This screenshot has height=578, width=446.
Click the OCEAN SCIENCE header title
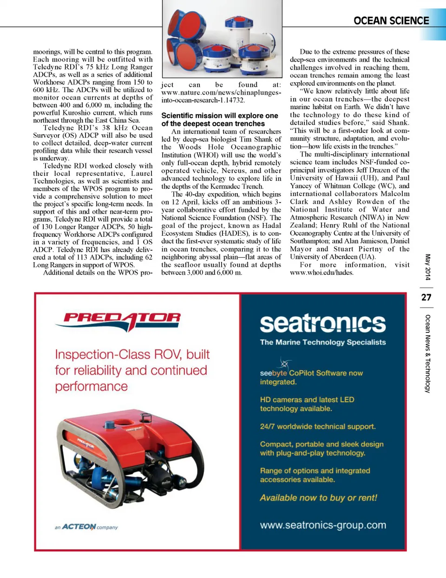(x=391, y=21)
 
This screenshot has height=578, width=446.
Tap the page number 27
(x=426, y=298)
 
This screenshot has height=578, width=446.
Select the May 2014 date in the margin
(x=427, y=267)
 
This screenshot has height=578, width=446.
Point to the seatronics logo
(x=322, y=324)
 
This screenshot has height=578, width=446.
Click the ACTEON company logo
(x=86, y=527)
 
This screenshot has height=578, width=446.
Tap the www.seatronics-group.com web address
(x=323, y=525)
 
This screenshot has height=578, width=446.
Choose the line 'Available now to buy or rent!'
(x=318, y=498)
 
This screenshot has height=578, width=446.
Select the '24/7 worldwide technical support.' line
(x=318, y=426)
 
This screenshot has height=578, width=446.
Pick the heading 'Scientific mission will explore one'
(x=219, y=116)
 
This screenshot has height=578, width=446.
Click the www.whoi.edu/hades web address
(x=321, y=273)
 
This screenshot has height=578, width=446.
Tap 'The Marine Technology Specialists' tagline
(x=322, y=342)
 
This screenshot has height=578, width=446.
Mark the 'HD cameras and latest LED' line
(x=307, y=400)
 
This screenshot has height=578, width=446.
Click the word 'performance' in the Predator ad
(x=91, y=387)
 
